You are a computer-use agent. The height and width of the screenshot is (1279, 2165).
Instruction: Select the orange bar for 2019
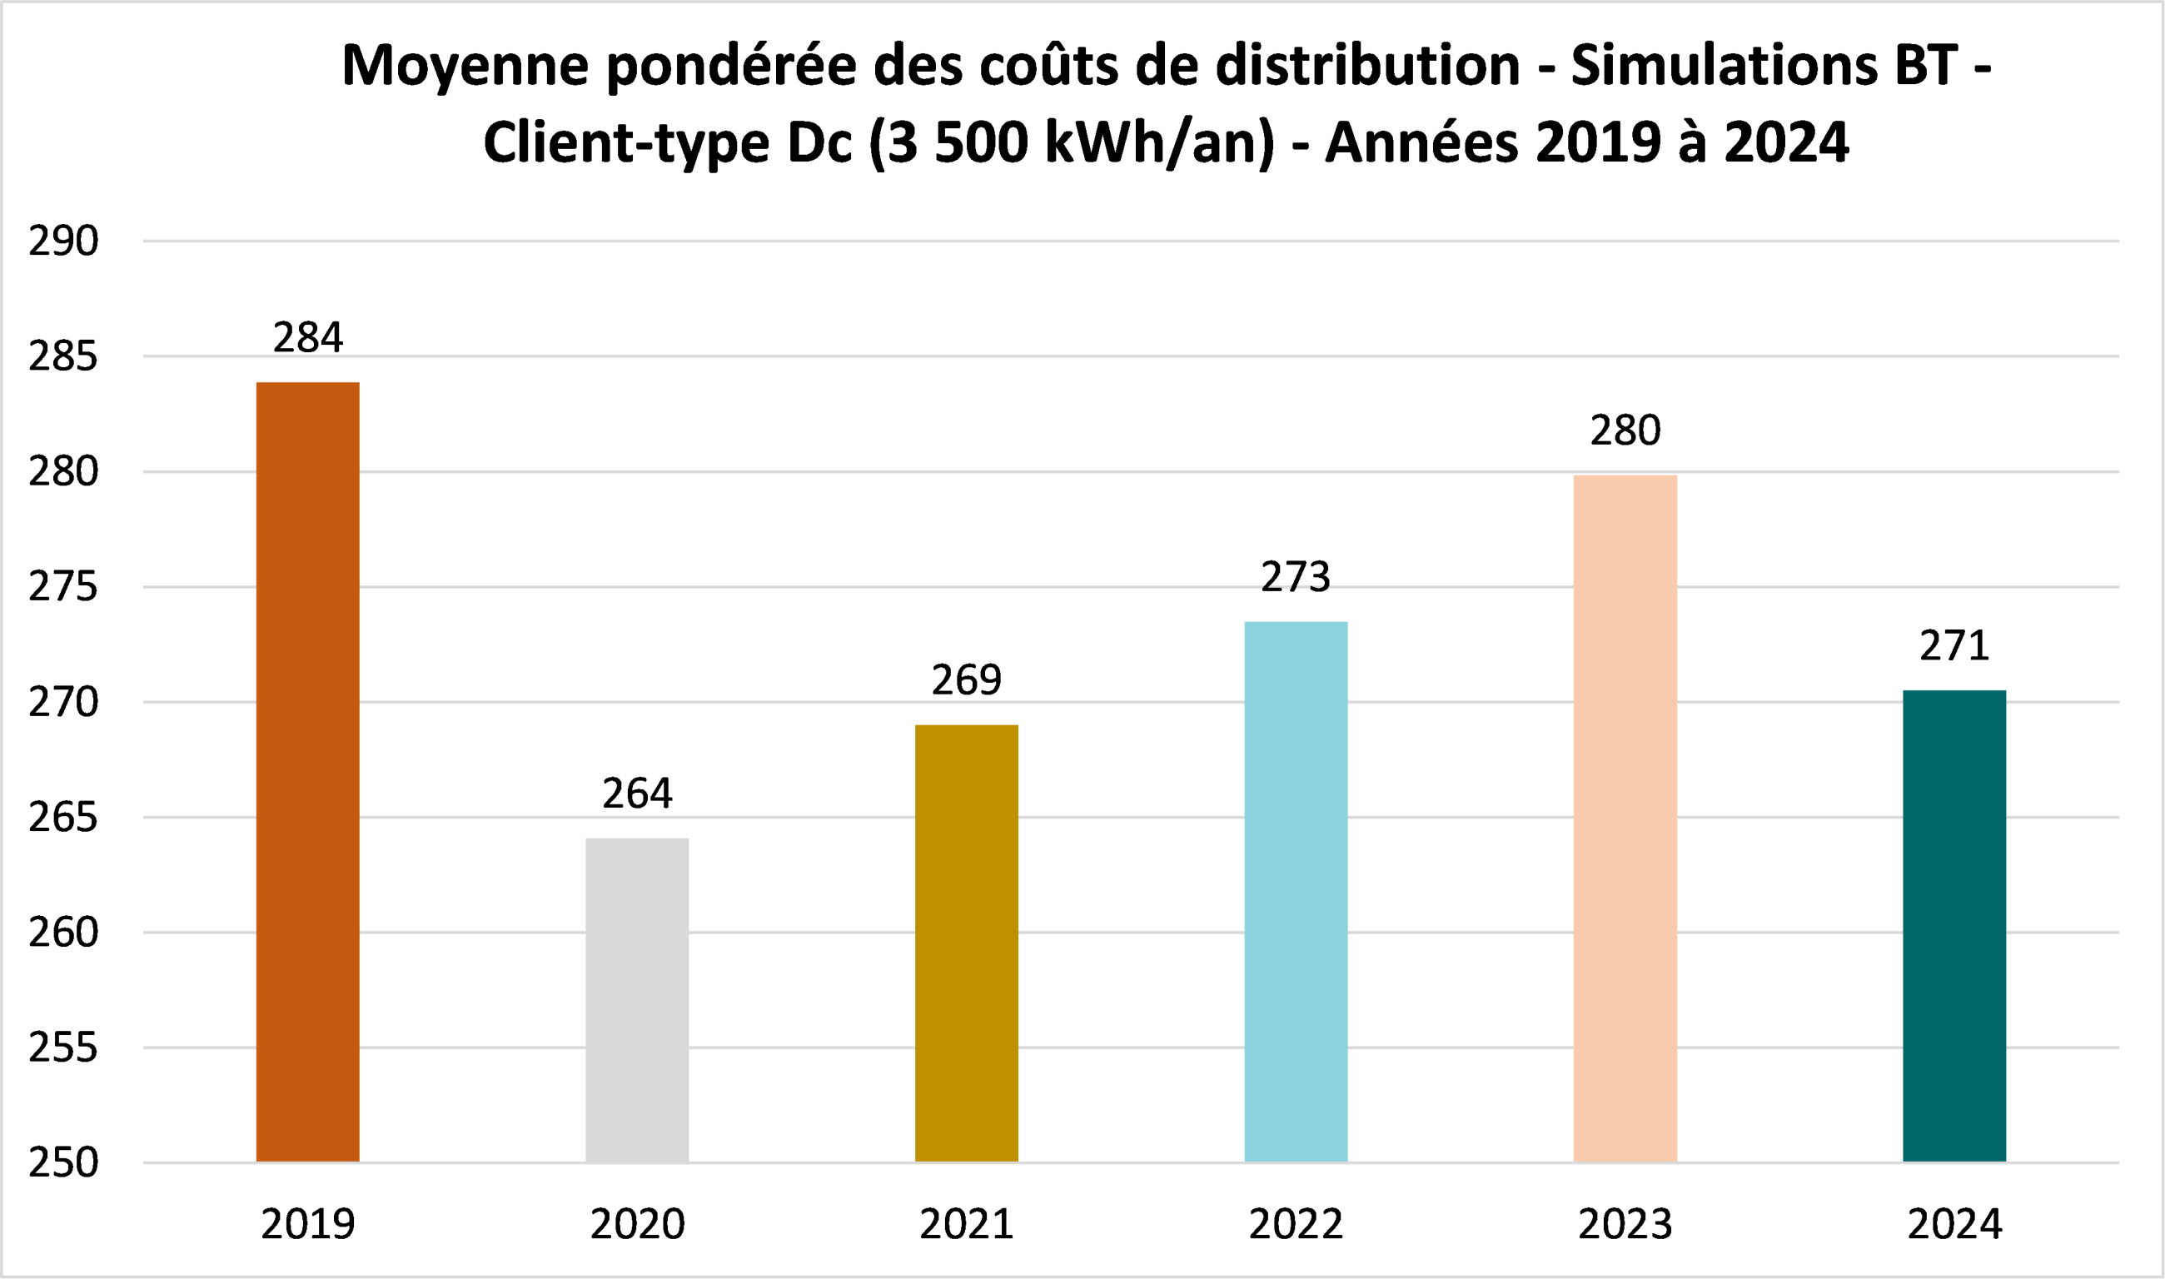[308, 772]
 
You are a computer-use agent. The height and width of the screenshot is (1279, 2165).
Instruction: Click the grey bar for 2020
[637, 1000]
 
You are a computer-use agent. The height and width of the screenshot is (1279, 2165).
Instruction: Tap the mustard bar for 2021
[966, 943]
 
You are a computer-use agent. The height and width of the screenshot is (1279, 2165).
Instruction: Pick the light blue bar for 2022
[1296, 891]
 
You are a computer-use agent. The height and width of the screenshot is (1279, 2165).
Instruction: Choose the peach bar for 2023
[1625, 818]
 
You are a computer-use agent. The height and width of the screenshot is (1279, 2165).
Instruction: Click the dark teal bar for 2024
[1953, 926]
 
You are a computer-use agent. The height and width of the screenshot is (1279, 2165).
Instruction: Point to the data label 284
[308, 337]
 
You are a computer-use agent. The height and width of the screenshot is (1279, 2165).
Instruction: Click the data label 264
[637, 793]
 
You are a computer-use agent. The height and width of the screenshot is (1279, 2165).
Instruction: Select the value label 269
[966, 680]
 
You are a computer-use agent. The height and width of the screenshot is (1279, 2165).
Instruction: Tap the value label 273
[1296, 576]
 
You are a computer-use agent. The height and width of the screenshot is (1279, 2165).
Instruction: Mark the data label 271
[1953, 645]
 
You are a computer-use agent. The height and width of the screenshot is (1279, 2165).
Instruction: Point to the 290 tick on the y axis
[64, 241]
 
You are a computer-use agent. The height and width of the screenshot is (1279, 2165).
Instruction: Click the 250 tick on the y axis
[64, 1162]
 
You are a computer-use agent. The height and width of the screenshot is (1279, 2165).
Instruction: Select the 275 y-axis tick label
[64, 587]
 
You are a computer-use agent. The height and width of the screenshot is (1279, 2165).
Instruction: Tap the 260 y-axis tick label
[64, 933]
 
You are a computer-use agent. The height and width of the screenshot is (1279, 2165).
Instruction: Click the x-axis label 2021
[966, 1225]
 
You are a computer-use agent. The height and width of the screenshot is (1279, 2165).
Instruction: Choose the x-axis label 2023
[1625, 1225]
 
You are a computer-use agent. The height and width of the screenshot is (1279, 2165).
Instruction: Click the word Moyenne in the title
[465, 67]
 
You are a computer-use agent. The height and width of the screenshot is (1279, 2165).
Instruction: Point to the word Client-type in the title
[625, 143]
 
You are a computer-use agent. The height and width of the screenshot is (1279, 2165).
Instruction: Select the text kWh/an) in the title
[1158, 143]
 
